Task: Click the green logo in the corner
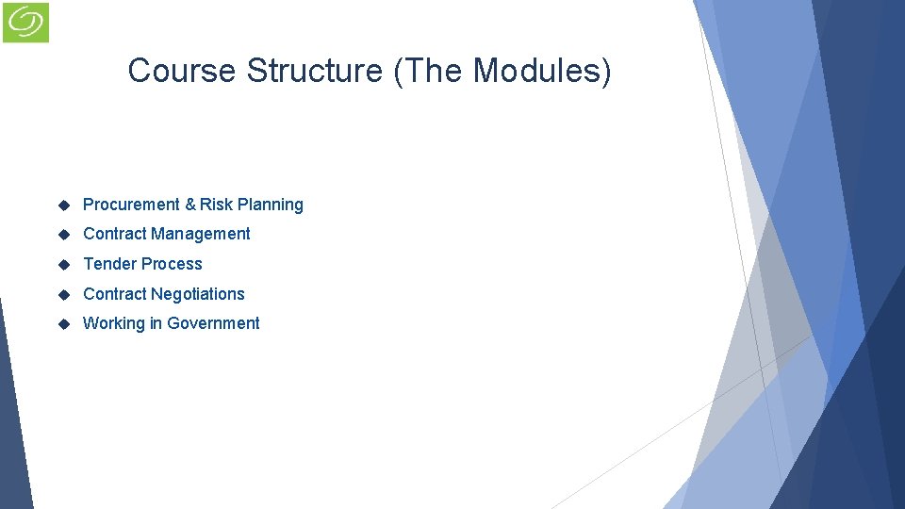point(25,22)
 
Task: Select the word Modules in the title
point(540,71)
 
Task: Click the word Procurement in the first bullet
point(131,205)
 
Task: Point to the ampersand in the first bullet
point(190,205)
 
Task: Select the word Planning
point(271,205)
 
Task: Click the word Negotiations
point(198,294)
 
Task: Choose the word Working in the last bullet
point(114,323)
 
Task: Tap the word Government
point(213,323)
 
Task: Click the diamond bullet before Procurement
point(65,205)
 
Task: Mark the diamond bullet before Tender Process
point(65,264)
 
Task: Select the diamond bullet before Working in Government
point(65,323)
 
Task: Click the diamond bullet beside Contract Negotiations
point(65,294)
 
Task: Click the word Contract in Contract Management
point(114,234)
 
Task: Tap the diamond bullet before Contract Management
point(65,234)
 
